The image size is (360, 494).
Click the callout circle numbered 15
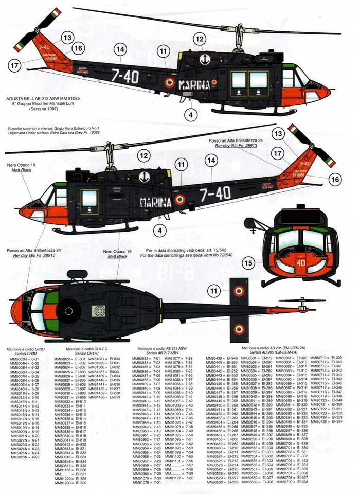tap(248, 263)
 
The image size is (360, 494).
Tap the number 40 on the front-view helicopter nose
tap(301, 262)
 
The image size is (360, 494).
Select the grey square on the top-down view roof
tap(97, 310)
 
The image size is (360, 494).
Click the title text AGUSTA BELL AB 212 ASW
tap(43, 98)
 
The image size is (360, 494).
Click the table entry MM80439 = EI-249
tap(222, 358)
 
